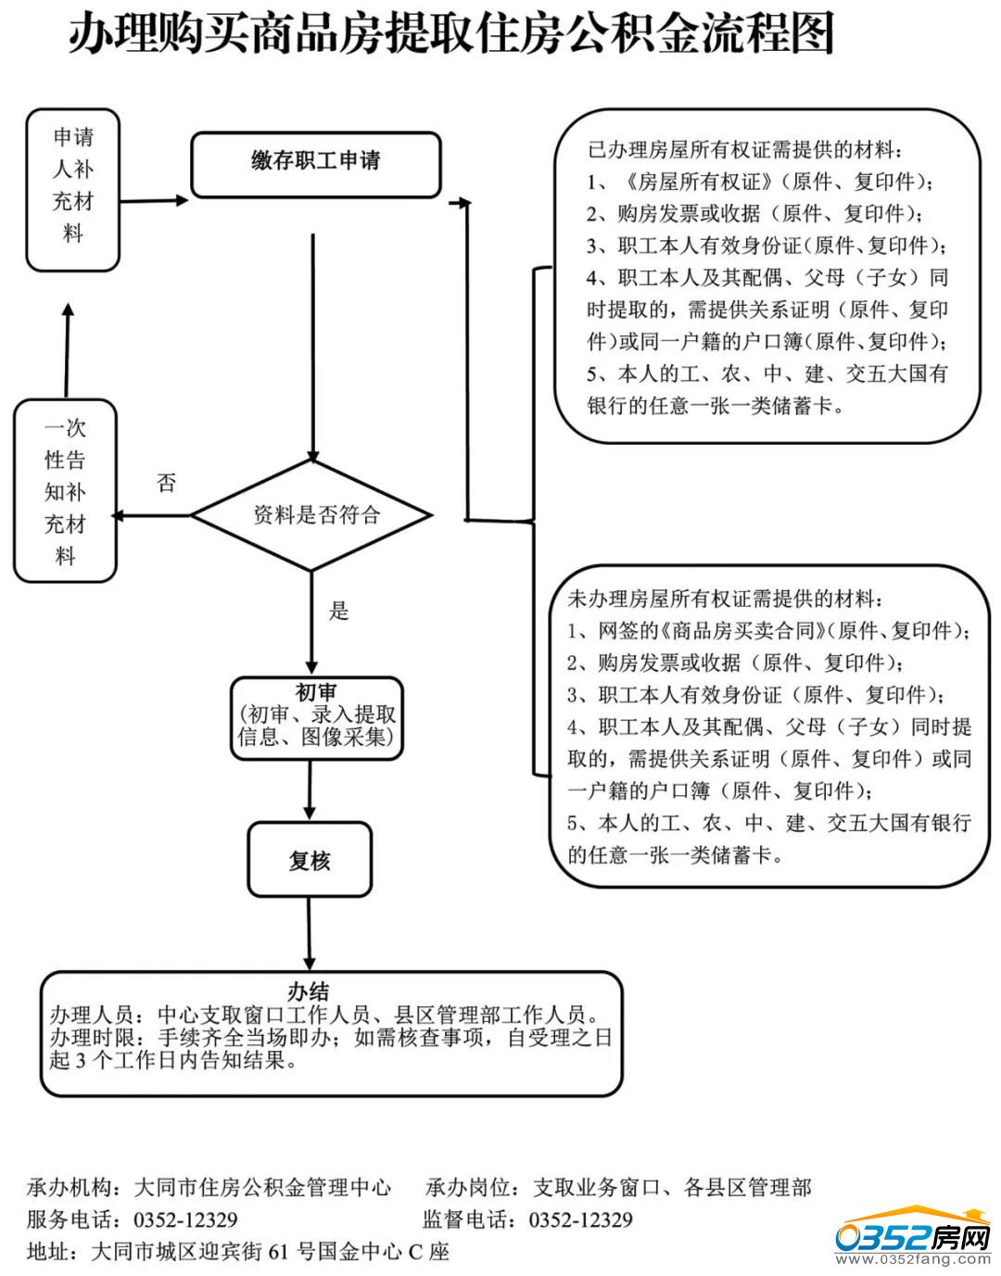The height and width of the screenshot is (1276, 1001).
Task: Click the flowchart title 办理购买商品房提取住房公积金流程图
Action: [x=451, y=35]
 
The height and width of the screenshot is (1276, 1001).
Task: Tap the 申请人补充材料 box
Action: [x=72, y=189]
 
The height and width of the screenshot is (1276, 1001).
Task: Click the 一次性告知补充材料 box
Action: [x=65, y=491]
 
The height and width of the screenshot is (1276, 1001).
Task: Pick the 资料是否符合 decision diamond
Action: [x=312, y=515]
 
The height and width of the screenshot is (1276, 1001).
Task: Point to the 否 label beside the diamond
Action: [x=167, y=483]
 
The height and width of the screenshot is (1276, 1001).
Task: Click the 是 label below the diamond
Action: [x=339, y=611]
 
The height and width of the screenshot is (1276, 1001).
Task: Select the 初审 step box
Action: [x=317, y=717]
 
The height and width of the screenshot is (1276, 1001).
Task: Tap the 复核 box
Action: [x=310, y=861]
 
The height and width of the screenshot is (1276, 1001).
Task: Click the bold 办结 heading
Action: [x=310, y=991]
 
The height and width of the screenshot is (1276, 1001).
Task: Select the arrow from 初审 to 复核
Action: [x=310, y=790]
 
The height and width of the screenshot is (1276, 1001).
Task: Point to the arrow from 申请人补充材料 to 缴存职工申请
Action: [x=154, y=199]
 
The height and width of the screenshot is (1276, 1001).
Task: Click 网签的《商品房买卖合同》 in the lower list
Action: [x=714, y=631]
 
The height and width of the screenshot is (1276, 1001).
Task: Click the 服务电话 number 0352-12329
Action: [x=186, y=1219]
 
